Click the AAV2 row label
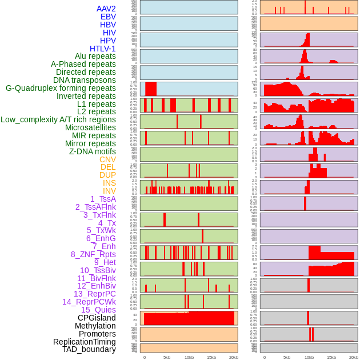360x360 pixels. click(x=106, y=9)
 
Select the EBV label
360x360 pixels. click(x=108, y=17)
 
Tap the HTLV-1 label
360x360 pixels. click(x=102, y=49)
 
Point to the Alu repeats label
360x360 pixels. click(x=95, y=56)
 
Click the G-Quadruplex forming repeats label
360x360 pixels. click(x=61, y=88)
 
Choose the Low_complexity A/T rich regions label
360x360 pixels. click(x=58, y=119)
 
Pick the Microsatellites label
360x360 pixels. click(x=90, y=127)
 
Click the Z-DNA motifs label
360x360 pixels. click(x=92, y=151)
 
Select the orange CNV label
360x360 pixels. click(x=107, y=159)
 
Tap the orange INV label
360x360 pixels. click(x=109, y=191)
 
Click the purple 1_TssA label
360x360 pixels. click(x=103, y=199)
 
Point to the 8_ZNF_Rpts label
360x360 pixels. click(x=93, y=254)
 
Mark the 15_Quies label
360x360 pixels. click(x=98, y=310)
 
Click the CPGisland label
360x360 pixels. click(x=97, y=318)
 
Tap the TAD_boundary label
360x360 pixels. click(x=89, y=349)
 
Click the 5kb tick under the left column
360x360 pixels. click(x=167, y=357)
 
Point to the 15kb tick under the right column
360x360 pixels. click(x=331, y=357)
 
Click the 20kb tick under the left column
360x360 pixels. click(x=233, y=357)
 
